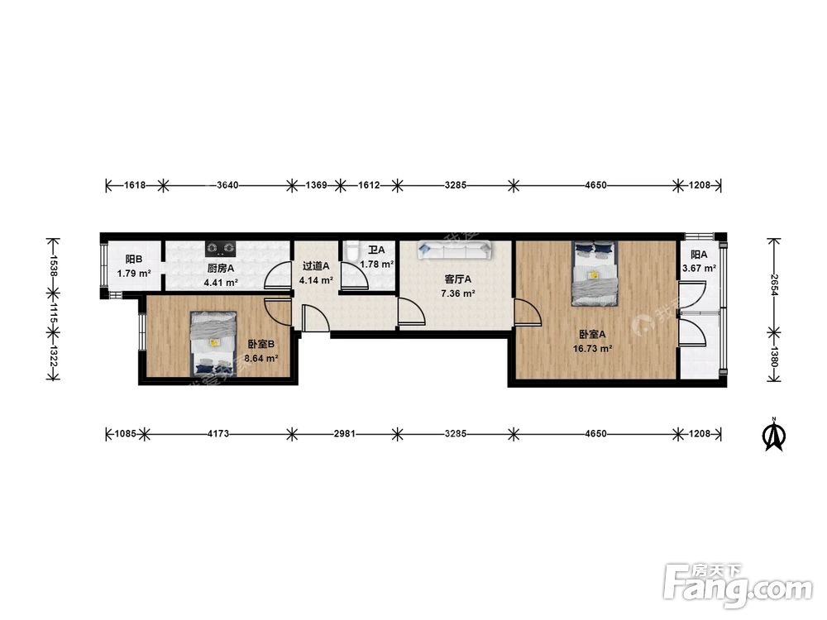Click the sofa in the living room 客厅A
coord(454,250)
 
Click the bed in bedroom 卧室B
coord(213,344)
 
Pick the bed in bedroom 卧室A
coord(595,273)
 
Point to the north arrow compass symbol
coord(775,435)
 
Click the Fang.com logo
coord(739,584)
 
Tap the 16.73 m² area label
coord(593,349)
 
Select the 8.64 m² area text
coord(262,359)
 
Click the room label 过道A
coord(316,266)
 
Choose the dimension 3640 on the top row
coord(228,185)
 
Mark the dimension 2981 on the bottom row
coord(344,434)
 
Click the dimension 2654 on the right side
coord(774,285)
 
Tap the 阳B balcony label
coord(134,260)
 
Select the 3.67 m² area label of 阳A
coord(699,269)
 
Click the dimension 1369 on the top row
coord(317,185)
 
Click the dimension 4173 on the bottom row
coord(218,434)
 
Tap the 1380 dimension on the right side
coord(774,356)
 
